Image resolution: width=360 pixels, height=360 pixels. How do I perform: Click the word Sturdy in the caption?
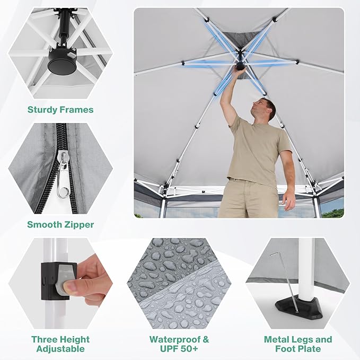coord(42,110)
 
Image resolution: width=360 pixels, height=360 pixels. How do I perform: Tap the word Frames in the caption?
coord(76,110)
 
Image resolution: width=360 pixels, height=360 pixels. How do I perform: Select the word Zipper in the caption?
coord(79,225)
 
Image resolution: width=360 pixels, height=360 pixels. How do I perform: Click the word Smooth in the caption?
coord(44,225)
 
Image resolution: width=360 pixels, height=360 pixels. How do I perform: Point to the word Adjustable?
coord(60,349)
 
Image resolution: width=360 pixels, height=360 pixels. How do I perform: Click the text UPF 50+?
coord(179,349)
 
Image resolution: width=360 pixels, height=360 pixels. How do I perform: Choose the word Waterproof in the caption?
coord(175,339)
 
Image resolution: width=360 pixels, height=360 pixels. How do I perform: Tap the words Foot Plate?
coord(298,349)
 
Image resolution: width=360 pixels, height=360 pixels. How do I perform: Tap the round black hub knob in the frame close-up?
coord(62,65)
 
